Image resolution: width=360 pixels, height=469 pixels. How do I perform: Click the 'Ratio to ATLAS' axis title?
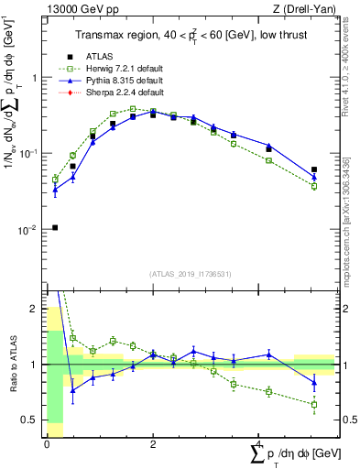coord(11,364)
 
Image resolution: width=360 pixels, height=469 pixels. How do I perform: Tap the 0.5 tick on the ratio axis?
coord(28,420)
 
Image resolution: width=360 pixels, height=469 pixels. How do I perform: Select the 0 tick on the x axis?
coord(47,444)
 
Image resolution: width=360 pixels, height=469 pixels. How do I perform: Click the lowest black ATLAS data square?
coord(55,227)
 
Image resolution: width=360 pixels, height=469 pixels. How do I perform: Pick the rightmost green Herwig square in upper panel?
coord(314,186)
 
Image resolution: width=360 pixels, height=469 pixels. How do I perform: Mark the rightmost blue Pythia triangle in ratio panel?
coord(314,382)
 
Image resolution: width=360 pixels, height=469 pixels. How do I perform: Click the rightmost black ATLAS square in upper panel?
coord(314,169)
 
